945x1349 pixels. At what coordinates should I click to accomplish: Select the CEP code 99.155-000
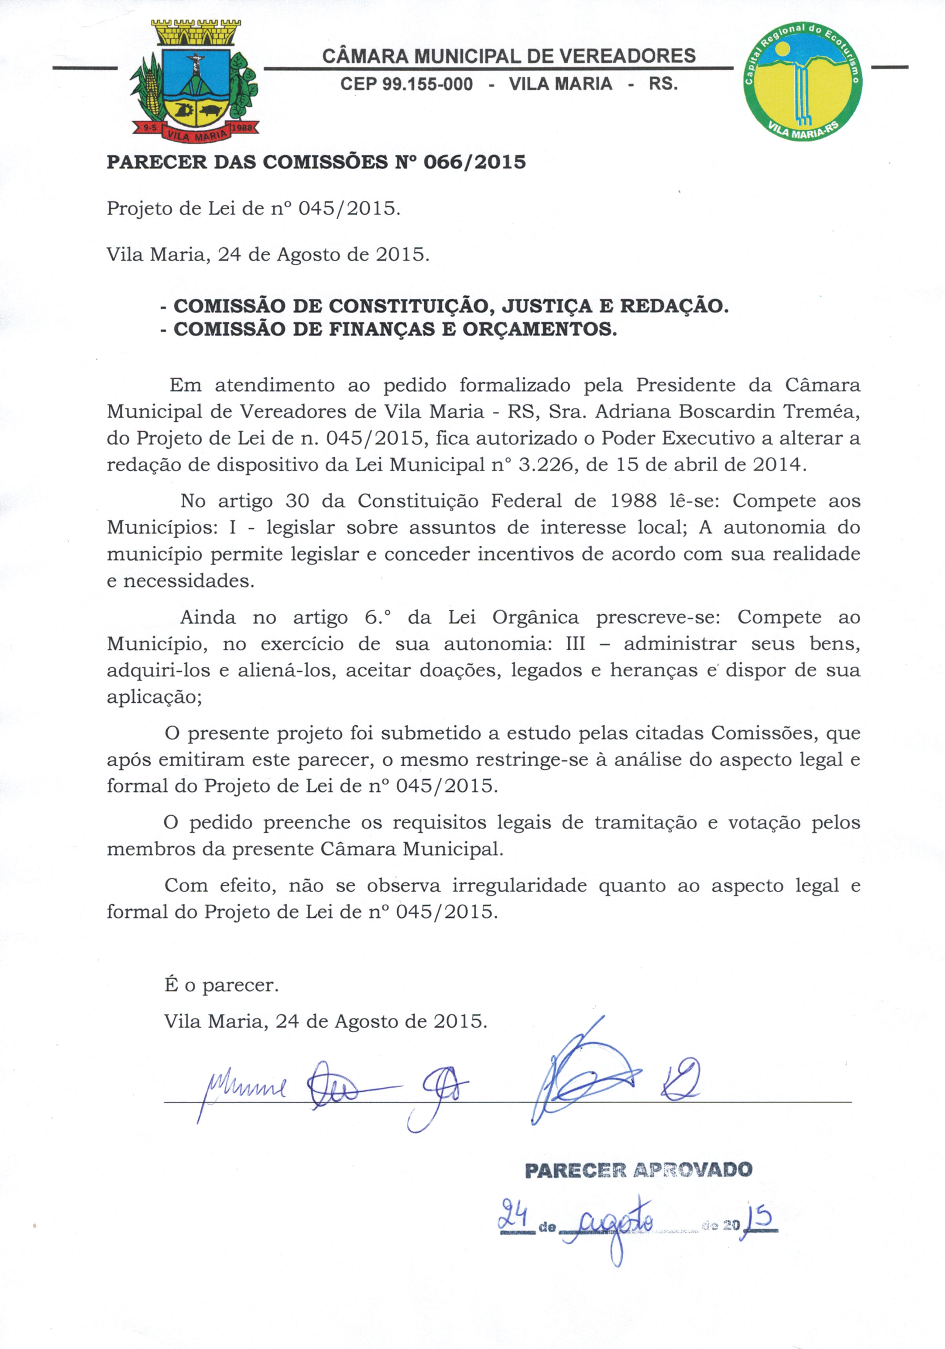click(406, 84)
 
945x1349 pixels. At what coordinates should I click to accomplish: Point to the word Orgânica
click(535, 617)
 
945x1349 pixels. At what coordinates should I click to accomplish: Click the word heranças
click(654, 670)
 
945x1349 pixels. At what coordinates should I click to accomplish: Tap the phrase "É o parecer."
click(221, 985)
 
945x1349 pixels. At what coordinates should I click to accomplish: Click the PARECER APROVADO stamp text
click(638, 1170)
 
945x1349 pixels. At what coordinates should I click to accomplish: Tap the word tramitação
click(645, 823)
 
